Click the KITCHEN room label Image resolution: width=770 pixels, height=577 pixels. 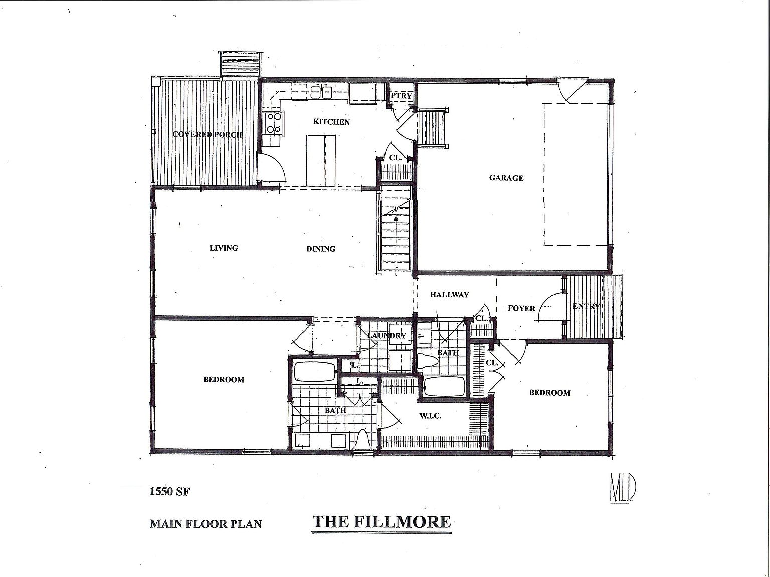click(x=331, y=122)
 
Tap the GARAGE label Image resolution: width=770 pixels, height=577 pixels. click(x=506, y=178)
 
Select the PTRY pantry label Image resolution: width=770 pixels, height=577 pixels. click(x=401, y=96)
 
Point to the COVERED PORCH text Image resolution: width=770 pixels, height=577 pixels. click(x=207, y=134)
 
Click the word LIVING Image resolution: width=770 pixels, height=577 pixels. click(x=224, y=248)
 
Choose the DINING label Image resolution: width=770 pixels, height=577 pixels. click(x=321, y=249)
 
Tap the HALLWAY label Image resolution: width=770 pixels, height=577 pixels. click(x=449, y=295)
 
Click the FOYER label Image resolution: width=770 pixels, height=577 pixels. click(x=521, y=308)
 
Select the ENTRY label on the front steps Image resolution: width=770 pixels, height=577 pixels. click(x=586, y=306)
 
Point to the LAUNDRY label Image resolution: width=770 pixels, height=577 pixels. click(x=386, y=336)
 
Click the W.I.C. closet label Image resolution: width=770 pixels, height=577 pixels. click(x=430, y=416)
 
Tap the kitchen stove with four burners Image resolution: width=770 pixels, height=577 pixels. click(x=274, y=123)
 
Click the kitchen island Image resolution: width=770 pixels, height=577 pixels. click(x=321, y=159)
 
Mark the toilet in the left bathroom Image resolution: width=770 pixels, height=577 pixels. click(x=362, y=441)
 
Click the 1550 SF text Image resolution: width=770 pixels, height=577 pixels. click(x=170, y=492)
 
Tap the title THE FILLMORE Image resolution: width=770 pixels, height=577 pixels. click(x=381, y=522)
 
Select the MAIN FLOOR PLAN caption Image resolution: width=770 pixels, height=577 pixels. click(x=206, y=524)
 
